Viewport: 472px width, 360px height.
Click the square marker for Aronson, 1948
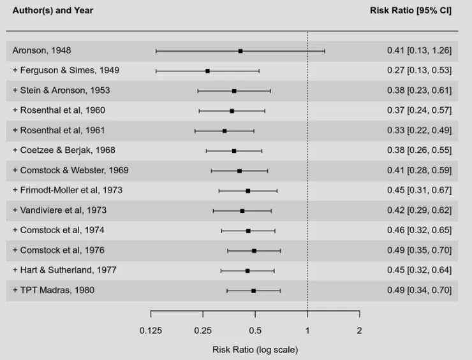point(240,51)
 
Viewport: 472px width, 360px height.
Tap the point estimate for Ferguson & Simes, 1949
point(207,71)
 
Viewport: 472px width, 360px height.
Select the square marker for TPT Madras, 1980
point(253,291)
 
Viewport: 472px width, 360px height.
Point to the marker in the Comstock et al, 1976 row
point(254,251)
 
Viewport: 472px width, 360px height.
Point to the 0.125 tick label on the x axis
point(151,331)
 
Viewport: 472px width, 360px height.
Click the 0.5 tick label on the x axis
point(255,331)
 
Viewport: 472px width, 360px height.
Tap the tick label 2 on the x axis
point(359,331)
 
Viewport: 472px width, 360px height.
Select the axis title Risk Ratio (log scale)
point(255,349)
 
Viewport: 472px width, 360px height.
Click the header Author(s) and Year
point(53,11)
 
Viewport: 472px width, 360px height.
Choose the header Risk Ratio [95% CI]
point(411,11)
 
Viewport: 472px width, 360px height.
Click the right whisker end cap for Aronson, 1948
point(325,51)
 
